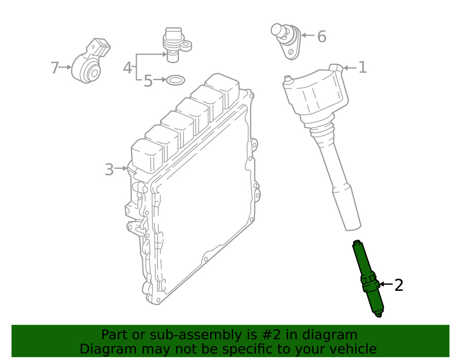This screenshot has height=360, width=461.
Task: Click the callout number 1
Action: click(362, 68)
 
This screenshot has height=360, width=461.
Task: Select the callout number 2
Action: click(399, 285)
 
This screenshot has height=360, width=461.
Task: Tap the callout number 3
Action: click(109, 169)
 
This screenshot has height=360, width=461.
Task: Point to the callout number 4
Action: click(127, 68)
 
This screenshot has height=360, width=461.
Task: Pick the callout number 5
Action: click(148, 81)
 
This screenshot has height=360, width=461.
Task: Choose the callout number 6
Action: click(321, 36)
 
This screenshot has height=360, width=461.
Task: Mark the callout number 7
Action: click(55, 68)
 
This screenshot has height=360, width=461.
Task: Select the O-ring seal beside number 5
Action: click(175, 81)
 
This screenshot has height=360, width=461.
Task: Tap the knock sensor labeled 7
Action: click(90, 67)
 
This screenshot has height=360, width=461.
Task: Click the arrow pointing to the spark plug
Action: click(386, 285)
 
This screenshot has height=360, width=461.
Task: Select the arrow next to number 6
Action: click(307, 35)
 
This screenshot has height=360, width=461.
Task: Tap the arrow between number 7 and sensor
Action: click(65, 67)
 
